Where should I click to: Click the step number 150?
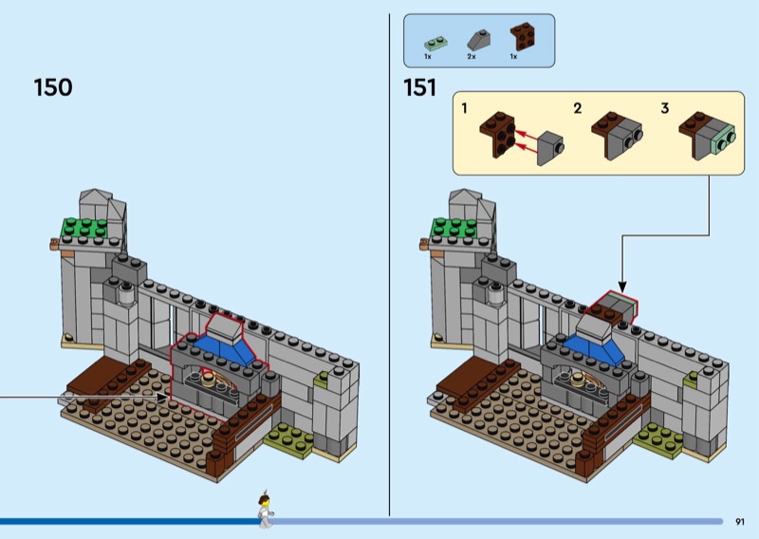click(x=53, y=88)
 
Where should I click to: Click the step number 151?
click(x=418, y=88)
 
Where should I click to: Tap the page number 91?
click(x=740, y=521)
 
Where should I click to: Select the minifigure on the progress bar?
click(x=265, y=510)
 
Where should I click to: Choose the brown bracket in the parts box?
click(x=520, y=38)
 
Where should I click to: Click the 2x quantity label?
click(x=472, y=58)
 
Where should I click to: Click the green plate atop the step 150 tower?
click(x=83, y=228)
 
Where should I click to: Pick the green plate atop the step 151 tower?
click(x=453, y=228)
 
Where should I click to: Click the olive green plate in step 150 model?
click(x=287, y=437)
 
